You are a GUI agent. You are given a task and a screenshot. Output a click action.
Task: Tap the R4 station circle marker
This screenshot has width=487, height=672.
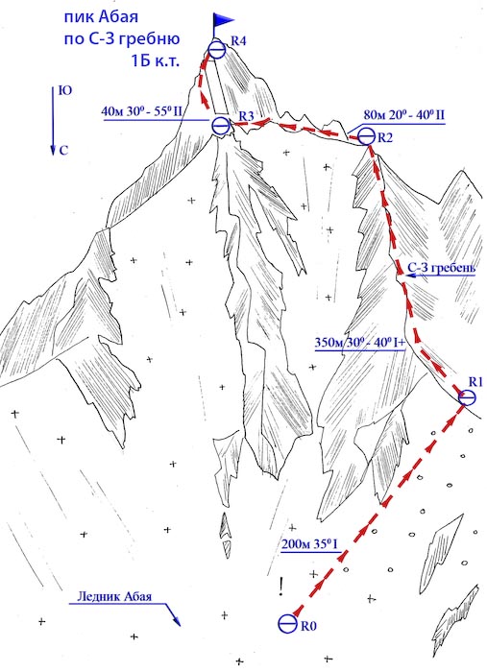point(217,51)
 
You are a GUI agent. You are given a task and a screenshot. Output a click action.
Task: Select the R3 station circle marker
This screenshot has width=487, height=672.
point(221,126)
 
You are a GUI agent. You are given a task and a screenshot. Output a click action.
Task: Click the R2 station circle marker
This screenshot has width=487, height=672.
point(367,136)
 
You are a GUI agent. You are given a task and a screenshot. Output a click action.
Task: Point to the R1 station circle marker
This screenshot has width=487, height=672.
point(467,397)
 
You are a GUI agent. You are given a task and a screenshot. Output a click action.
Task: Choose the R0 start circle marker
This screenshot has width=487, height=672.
point(287,623)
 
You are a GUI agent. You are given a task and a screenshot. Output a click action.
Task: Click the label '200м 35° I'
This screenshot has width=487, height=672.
point(310,544)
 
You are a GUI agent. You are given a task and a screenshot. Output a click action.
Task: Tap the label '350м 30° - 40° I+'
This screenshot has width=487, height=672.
point(360,343)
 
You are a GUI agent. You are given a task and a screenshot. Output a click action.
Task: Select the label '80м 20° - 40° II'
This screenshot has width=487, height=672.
point(403,115)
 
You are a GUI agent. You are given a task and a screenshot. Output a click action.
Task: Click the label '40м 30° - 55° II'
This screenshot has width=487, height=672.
point(142,112)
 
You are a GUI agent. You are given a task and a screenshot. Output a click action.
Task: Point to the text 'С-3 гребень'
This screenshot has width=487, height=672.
point(442,268)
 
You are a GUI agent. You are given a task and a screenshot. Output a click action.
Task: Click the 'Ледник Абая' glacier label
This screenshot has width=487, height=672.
point(114,596)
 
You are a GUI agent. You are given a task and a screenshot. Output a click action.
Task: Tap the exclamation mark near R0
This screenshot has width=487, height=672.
point(280,587)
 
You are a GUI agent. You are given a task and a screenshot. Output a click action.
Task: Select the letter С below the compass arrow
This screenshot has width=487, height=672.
point(63,151)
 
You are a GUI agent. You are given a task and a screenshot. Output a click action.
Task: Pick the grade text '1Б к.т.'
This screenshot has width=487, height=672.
point(154,60)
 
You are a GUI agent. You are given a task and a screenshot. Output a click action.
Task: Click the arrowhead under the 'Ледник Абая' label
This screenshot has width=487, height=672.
point(176,620)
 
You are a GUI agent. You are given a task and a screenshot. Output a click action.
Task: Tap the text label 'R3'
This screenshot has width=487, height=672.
point(246,116)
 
